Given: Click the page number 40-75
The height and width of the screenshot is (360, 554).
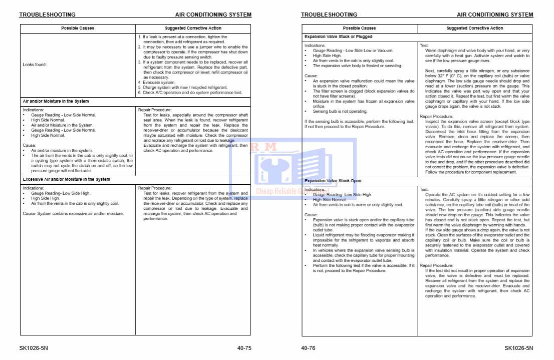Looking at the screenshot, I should click(244, 348).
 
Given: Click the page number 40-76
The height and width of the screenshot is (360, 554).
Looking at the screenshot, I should click(308, 348).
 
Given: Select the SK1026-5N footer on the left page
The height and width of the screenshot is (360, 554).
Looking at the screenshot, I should click(34, 348).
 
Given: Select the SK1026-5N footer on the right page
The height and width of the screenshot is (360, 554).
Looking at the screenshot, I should click(518, 348).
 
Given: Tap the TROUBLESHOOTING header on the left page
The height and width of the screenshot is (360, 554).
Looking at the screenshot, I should click(47, 15).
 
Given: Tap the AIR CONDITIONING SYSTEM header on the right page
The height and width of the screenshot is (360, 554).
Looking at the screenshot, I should click(495, 15).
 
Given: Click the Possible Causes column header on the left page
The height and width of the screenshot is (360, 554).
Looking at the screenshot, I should click(78, 28).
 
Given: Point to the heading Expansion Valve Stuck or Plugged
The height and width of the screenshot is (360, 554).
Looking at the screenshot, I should click(338, 37).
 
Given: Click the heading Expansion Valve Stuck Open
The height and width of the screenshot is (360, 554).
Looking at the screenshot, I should click(333, 181).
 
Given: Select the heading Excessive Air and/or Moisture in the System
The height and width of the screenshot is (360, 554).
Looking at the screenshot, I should click(67, 179).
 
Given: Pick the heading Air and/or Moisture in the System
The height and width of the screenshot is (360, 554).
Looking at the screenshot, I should click(56, 102).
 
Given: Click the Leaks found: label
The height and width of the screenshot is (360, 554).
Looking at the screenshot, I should click(35, 65).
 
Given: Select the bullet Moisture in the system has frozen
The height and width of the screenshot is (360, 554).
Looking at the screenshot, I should click(363, 101).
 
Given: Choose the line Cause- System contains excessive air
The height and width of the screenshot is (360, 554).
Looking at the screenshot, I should click(73, 214).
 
